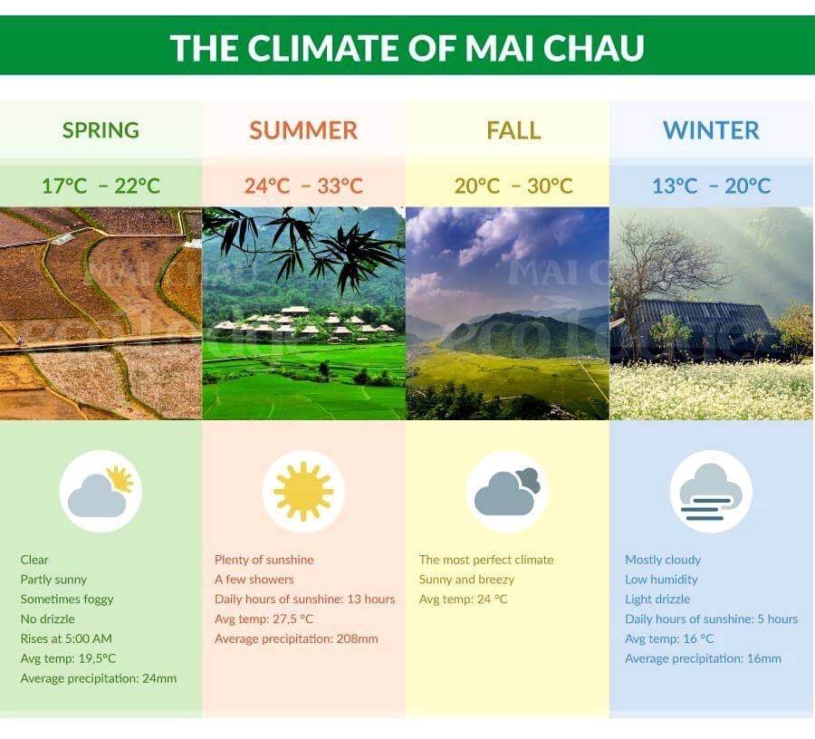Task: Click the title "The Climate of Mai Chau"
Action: coord(407,47)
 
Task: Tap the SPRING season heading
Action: coord(101,130)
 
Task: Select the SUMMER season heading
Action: coord(303,130)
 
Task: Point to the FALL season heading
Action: coord(513,130)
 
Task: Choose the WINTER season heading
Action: coord(711,130)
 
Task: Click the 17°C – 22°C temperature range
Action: coord(101,186)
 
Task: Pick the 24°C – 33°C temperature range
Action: coord(303,186)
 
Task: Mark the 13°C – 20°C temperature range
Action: coord(711,186)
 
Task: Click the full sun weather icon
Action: coord(303,491)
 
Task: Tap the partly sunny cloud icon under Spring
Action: coord(100,492)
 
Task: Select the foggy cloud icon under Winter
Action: coord(711,492)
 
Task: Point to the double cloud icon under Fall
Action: coord(507,492)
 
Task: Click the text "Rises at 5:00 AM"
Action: coord(66,638)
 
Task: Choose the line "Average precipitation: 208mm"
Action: coord(296,638)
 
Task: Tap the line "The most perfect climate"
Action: coord(486,560)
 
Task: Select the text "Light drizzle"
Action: coord(657,600)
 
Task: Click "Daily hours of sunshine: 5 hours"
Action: coord(711,619)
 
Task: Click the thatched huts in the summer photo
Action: coord(304,322)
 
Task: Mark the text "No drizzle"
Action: coord(47,619)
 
